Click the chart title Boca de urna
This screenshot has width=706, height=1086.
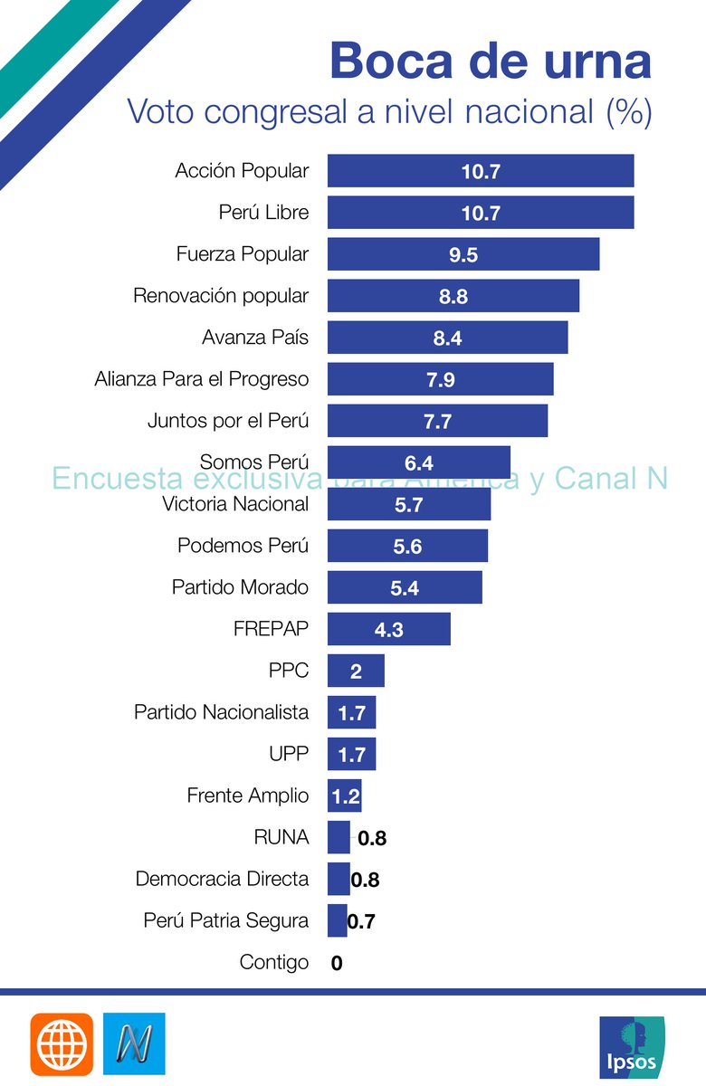click(x=490, y=62)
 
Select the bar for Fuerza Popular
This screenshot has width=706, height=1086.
click(x=463, y=254)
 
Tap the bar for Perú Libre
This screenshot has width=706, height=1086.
click(x=480, y=213)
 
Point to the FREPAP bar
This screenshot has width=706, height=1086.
click(x=388, y=629)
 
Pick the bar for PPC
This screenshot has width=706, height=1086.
click(x=356, y=671)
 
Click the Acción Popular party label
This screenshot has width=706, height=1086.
click(x=242, y=171)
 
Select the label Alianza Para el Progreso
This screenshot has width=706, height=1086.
click(x=201, y=379)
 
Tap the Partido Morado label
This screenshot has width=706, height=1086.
click(x=240, y=587)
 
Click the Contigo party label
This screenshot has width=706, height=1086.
click(x=273, y=962)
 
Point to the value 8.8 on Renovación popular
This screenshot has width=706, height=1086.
click(x=453, y=297)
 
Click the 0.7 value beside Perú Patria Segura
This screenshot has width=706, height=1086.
click(x=361, y=922)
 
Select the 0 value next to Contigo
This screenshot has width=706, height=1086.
click(x=337, y=964)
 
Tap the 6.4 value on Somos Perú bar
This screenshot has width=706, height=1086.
click(x=419, y=463)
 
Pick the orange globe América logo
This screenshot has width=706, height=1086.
click(x=62, y=1044)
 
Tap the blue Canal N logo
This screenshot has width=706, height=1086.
click(x=134, y=1044)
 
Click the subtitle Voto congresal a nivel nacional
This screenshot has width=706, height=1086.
click(x=389, y=111)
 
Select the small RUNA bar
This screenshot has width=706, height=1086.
click(x=339, y=837)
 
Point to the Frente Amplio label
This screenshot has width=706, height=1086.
click(x=247, y=795)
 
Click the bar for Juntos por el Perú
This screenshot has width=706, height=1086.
click(x=437, y=421)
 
